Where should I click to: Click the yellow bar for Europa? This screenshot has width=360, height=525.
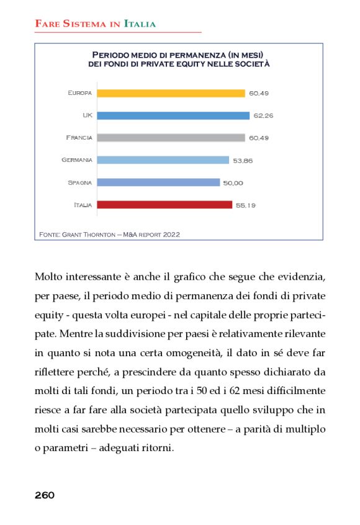[x=171, y=93]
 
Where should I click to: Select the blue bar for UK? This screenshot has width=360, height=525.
[x=173, y=115]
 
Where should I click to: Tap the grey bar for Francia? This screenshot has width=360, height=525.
[x=171, y=137]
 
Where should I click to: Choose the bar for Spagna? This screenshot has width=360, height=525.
[x=158, y=182]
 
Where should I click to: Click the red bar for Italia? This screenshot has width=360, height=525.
[x=164, y=205]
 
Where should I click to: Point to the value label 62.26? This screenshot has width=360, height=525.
[x=263, y=115]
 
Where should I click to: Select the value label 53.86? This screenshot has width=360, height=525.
[x=243, y=160]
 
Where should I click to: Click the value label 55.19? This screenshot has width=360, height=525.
[x=246, y=205]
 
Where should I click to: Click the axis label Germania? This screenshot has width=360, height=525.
[x=77, y=160]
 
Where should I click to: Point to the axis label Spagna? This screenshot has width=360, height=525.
[x=80, y=182]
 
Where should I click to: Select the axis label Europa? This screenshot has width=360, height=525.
[x=80, y=93]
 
